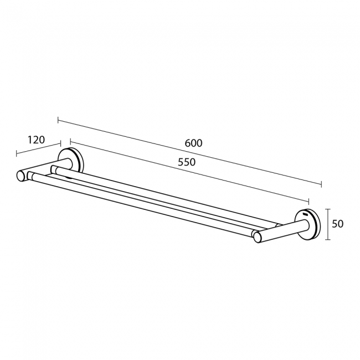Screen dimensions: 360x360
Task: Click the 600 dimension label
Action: coord(193,143)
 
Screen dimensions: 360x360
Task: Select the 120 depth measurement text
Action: coord(35,140)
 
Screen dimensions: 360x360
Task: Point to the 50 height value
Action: coord(338,224)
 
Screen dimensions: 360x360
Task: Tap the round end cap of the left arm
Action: coord(21,176)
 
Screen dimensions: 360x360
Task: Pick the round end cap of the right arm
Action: coord(257,236)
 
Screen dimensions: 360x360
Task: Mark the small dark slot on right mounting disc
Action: coord(305,213)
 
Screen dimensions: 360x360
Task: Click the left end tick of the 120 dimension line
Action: coord(17,154)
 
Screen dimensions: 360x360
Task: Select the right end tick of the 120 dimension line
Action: coord(60,144)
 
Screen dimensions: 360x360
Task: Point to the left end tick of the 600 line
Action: coord(58,119)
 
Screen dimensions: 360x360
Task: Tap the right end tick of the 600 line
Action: coord(321,184)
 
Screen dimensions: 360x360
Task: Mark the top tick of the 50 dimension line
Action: coord(328,209)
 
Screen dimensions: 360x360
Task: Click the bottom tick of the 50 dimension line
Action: coord(328,239)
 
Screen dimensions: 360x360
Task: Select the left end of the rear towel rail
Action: coord(54,167)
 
